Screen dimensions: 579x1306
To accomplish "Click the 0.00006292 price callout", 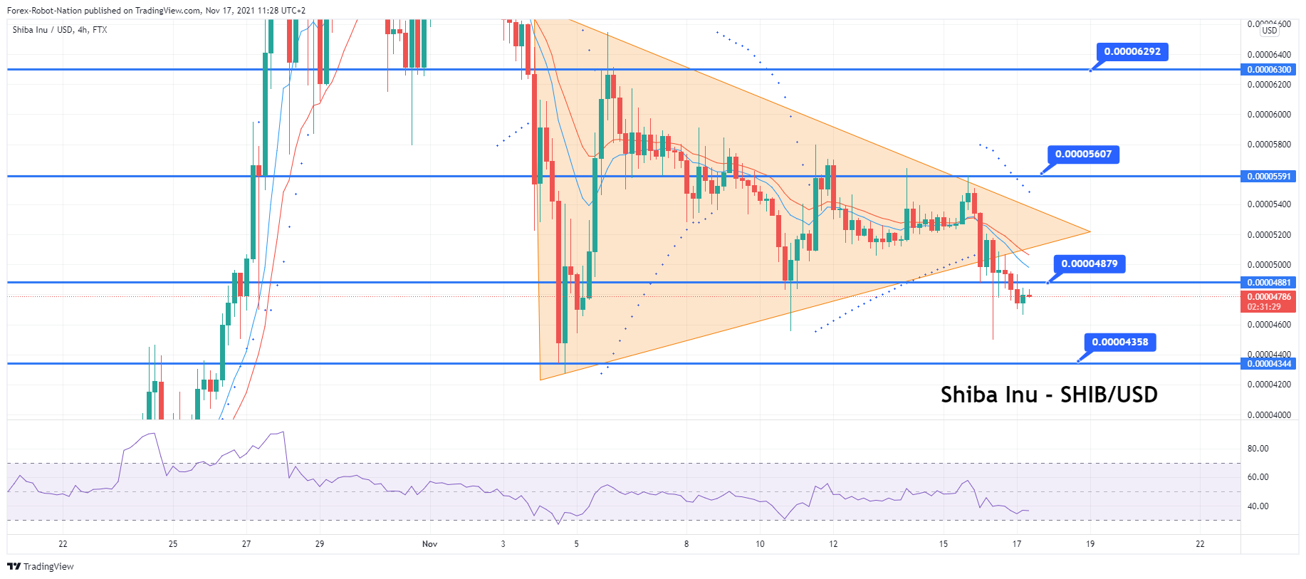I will click(1132, 52).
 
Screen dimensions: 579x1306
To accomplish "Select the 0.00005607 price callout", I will click(1083, 154).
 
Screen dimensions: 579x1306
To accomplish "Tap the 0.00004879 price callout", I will click(1089, 264).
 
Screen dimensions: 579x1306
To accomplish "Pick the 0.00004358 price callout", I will click(1119, 342).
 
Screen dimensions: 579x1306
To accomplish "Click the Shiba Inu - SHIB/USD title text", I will click(1048, 395).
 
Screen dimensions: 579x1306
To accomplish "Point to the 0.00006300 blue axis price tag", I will click(1268, 70).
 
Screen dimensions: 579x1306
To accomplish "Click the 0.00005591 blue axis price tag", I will click(1268, 177).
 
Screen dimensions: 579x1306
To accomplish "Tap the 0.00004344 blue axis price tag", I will click(1268, 364).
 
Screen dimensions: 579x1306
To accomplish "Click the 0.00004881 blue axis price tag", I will click(1268, 283).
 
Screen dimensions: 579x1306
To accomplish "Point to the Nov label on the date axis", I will click(429, 544).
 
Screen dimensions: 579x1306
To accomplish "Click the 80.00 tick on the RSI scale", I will click(1258, 449).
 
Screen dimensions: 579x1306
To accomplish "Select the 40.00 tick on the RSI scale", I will click(1258, 506).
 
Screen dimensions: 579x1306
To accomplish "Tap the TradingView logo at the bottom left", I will click(41, 567).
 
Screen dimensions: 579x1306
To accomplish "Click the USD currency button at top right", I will click(1269, 31).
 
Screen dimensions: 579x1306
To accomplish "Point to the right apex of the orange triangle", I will click(1090, 231).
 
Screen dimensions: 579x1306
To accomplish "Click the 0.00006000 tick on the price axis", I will click(1268, 115).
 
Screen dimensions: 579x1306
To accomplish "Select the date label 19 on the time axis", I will click(1090, 544).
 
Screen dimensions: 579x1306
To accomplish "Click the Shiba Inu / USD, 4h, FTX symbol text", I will click(60, 30).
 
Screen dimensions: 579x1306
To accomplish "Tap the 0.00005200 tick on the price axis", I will click(1268, 235).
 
